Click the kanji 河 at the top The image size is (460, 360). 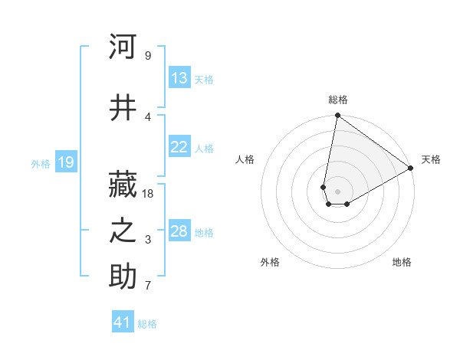click(x=123, y=47)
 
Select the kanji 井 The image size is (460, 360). click(x=123, y=108)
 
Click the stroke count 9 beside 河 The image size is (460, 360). click(x=147, y=56)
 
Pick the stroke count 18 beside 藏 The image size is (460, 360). click(x=149, y=193)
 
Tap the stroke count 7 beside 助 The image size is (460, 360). click(x=147, y=286)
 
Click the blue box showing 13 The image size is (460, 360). click(x=179, y=78)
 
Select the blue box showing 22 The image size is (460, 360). click(x=179, y=147)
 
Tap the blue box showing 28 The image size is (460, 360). click(x=179, y=231)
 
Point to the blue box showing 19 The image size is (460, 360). click(x=65, y=162)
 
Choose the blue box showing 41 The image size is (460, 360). click(x=123, y=322)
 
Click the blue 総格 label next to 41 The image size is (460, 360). click(x=147, y=324)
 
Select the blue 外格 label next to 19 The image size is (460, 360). click(x=41, y=163)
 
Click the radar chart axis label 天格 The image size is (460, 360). click(x=431, y=159)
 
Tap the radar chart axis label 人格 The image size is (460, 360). click(x=245, y=159)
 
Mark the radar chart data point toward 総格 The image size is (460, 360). click(x=337, y=116)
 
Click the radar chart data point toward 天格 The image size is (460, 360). click(x=411, y=169)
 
